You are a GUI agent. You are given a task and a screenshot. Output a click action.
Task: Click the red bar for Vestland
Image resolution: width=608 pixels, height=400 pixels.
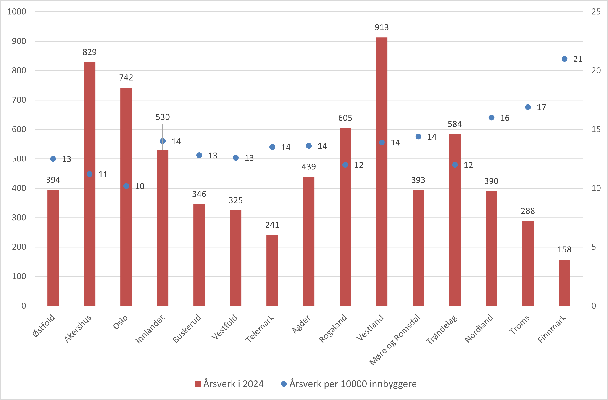coord(382,179)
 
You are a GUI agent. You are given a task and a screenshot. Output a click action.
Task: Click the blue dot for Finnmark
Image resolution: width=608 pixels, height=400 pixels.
coord(565,59)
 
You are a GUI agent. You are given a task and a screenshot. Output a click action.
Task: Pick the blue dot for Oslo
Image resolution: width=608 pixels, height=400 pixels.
coord(126,186)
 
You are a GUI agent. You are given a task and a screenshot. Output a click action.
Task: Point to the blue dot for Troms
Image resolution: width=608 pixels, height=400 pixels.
coord(528,107)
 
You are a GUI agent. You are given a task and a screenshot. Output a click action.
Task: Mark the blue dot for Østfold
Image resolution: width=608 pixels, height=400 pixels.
coord(53,159)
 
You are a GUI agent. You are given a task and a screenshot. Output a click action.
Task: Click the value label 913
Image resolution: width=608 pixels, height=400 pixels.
coord(382,27)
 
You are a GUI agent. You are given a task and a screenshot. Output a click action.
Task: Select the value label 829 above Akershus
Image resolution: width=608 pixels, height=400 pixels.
coord(90,52)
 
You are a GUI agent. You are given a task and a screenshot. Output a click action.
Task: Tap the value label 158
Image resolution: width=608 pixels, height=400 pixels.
coord(564,249)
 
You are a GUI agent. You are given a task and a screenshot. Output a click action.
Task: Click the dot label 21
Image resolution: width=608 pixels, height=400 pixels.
coord(578,59)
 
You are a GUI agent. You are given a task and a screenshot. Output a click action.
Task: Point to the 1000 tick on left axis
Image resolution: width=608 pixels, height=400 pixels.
coord(17,12)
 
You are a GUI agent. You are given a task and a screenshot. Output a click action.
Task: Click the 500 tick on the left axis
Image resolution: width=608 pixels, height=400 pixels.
coord(19,159)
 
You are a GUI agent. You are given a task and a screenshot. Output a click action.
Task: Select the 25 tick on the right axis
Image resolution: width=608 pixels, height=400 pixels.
coord(596,12)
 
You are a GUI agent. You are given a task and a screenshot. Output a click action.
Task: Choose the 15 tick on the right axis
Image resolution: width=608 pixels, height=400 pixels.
coord(596,129)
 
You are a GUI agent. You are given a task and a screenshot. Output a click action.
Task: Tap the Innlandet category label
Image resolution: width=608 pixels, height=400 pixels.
coord(150,329)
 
